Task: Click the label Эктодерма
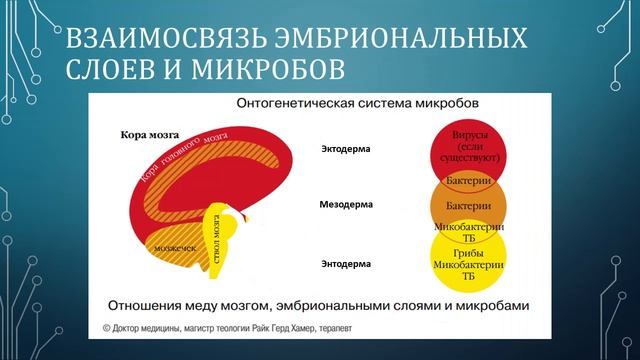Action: pyautogui.click(x=345, y=150)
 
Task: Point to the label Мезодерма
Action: pyautogui.click(x=346, y=204)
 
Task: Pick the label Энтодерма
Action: pyautogui.click(x=345, y=264)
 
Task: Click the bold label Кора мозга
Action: pyautogui.click(x=148, y=134)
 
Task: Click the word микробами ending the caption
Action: pyautogui.click(x=487, y=303)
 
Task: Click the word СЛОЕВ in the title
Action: pyautogui.click(x=108, y=70)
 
